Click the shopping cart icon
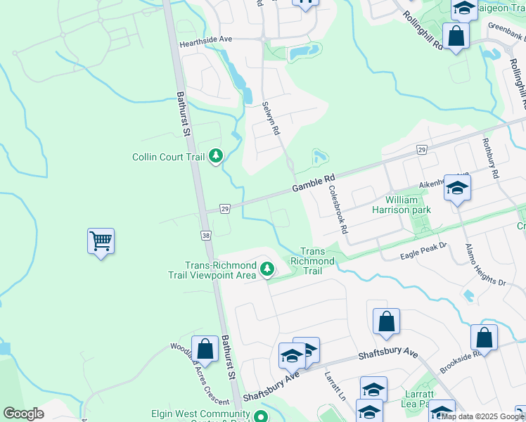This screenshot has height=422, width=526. pyautogui.click(x=101, y=241)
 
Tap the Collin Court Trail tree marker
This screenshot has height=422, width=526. pyautogui.click(x=217, y=155)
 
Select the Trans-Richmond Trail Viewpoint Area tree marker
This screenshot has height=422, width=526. pyautogui.click(x=267, y=268)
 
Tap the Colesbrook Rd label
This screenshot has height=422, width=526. pyautogui.click(x=337, y=210)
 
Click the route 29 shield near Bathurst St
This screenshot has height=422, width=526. pyautogui.click(x=225, y=209)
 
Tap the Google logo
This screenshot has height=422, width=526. pyautogui.click(x=24, y=414)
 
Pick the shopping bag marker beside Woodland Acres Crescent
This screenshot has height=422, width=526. pyautogui.click(x=205, y=348)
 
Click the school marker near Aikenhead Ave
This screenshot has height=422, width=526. pyautogui.click(x=457, y=188)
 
